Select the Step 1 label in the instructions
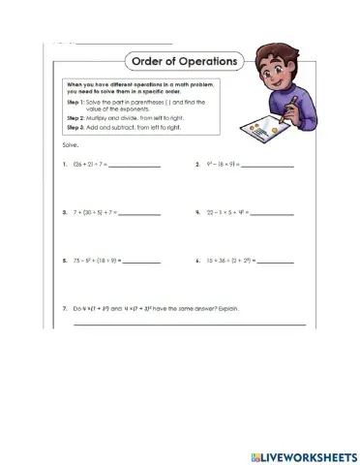(77, 101)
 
